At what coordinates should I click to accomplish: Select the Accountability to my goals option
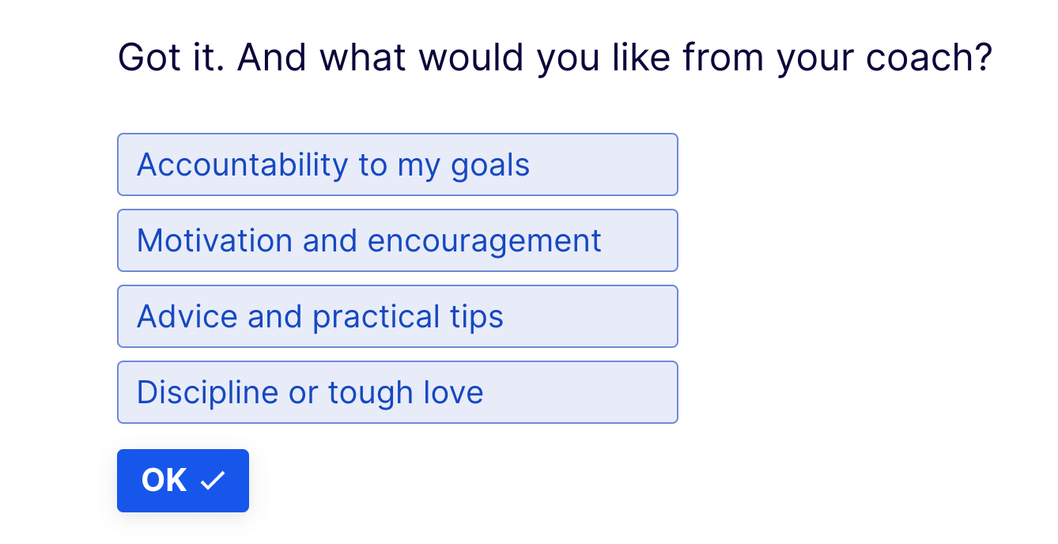pos(397,164)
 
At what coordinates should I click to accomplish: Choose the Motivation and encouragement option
pos(397,240)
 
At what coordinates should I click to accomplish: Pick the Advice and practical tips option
pos(397,316)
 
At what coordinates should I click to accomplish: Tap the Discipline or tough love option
pos(397,392)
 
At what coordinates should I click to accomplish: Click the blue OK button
pos(183,481)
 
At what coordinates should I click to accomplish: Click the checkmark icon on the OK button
pos(213,481)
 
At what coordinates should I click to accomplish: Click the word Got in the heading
pos(149,57)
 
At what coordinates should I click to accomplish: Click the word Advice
pos(187,316)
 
